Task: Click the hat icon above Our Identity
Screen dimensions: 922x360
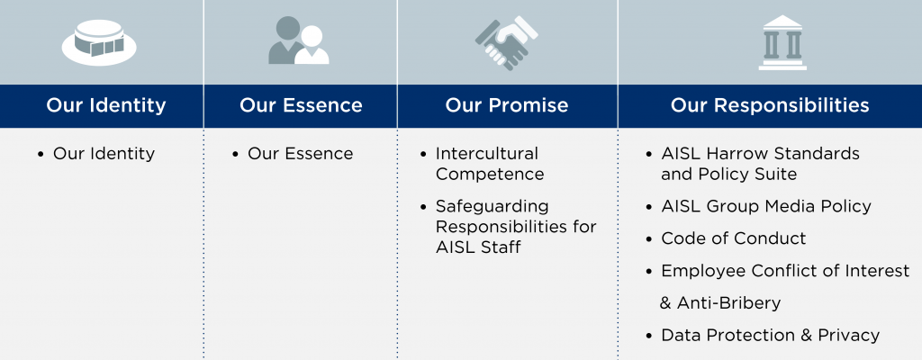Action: pyautogui.click(x=99, y=42)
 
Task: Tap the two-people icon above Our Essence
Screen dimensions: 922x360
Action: pyautogui.click(x=299, y=40)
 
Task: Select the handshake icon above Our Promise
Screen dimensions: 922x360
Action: pyautogui.click(x=506, y=43)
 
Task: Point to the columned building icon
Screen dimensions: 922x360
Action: pyautogui.click(x=782, y=43)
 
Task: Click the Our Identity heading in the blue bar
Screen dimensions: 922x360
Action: pyautogui.click(x=106, y=105)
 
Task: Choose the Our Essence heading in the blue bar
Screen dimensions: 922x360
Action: pyautogui.click(x=301, y=105)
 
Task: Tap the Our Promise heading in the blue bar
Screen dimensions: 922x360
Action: pyautogui.click(x=507, y=105)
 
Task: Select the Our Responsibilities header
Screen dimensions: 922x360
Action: pyautogui.click(x=770, y=105)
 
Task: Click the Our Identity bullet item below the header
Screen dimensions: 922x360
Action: pyautogui.click(x=104, y=154)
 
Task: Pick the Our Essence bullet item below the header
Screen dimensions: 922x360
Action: pyautogui.click(x=301, y=154)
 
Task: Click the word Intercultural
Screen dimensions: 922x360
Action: pyautogui.click(x=487, y=154)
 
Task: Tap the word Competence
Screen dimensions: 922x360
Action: pyautogui.click(x=490, y=174)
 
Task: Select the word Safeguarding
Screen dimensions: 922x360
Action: pyautogui.click(x=493, y=207)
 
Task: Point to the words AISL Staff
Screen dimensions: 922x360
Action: pyautogui.click(x=478, y=247)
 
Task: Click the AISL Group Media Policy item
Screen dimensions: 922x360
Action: pyautogui.click(x=766, y=206)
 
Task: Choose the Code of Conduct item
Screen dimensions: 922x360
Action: pyautogui.click(x=734, y=238)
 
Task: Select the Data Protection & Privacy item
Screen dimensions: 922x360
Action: pyautogui.click(x=771, y=336)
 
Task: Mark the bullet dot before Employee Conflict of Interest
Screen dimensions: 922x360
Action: pyautogui.click(x=649, y=271)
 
